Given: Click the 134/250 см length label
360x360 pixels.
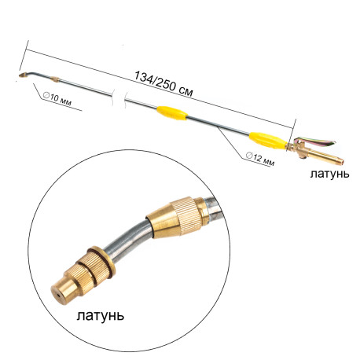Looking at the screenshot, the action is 163,84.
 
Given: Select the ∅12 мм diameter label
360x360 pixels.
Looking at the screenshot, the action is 260,159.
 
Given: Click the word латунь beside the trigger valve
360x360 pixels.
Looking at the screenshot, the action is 329,174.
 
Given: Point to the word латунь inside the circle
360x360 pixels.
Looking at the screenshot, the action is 101,315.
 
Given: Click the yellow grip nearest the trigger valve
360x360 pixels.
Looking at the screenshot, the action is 267,141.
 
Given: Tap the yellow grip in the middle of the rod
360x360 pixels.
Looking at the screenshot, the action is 172,113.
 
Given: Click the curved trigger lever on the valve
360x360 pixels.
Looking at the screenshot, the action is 317,141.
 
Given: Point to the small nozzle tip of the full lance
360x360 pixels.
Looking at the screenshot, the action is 22,75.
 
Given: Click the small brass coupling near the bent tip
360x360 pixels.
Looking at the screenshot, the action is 55,79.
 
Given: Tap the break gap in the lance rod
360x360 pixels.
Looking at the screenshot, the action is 119,97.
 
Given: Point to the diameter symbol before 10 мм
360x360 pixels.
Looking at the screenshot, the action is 46,95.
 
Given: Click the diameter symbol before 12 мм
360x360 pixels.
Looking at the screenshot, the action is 249,156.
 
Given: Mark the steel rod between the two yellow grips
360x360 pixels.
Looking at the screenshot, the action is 219,127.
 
